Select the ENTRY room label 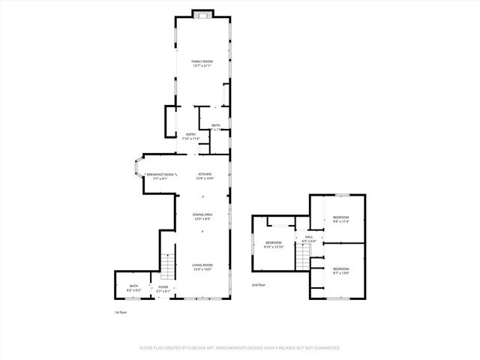pos(191,134)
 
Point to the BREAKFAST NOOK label pos(160,174)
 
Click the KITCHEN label pos(205,174)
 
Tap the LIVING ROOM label pos(202,265)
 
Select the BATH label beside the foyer pos(133,286)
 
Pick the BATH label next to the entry pos(216,125)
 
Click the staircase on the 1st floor pos(169,266)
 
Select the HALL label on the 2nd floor pos(308,237)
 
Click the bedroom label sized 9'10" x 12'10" pos(274,242)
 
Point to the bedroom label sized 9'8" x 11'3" pos(341,217)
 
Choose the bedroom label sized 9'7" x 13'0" pos(341,268)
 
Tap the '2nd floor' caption pos(259,286)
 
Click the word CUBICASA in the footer pos(196,348)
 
